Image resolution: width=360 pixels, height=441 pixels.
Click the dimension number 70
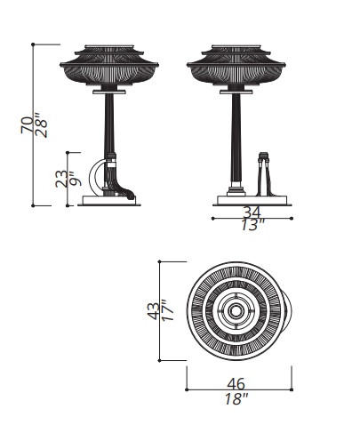coord(27,124)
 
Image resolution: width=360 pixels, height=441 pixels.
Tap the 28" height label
coord(41,124)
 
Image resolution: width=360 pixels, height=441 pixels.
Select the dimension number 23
coord(61,178)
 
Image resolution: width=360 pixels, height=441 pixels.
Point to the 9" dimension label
coord(76,179)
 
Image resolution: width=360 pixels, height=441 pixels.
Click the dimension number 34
coord(252,212)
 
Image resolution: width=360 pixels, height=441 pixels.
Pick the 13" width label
coord(252,225)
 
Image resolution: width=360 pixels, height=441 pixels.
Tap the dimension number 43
coord(153,311)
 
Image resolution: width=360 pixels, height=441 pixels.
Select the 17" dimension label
coord(167,310)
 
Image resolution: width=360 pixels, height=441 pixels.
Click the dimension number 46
coord(236,384)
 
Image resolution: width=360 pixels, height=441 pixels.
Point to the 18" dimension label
coord(236,398)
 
